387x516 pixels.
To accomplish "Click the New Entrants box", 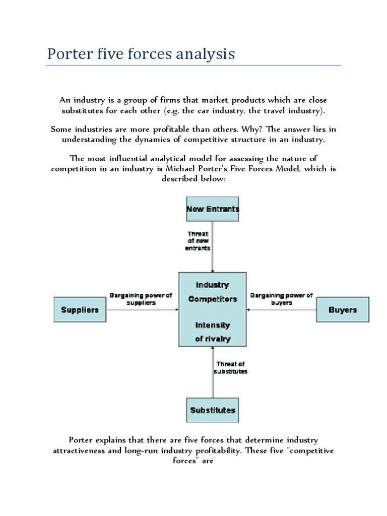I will click(212, 209).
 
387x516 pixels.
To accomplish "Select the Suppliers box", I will click(80, 309).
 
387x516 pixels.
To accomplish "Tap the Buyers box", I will click(342, 309).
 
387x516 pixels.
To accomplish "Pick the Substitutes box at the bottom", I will click(212, 410).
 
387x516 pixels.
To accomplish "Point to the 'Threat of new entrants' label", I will click(199, 241).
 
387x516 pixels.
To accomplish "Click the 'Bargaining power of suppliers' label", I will click(141, 299).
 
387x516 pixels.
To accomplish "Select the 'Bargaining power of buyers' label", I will click(282, 299).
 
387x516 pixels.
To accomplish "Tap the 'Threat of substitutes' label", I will click(232, 367).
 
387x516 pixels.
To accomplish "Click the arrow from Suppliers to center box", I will click(141, 309).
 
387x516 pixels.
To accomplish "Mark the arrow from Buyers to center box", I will click(282, 309).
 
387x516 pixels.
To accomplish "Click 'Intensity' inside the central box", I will click(213, 325).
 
